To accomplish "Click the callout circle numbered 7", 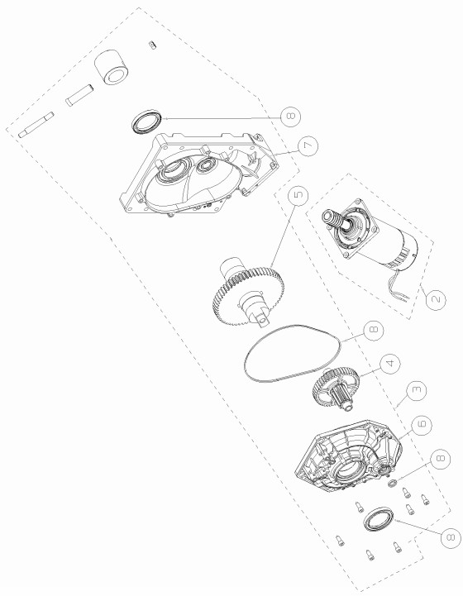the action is (x=308, y=146).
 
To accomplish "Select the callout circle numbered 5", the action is (x=298, y=195).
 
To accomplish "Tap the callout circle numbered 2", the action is (x=436, y=299).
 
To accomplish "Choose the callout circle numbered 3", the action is (x=417, y=391).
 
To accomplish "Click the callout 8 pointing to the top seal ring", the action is (x=291, y=117).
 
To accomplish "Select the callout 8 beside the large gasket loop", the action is (x=373, y=331).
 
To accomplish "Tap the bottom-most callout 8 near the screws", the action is (x=451, y=538).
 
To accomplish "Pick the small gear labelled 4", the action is (x=337, y=388).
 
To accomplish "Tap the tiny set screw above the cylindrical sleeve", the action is (x=152, y=45).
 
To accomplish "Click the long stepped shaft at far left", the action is (x=36, y=124).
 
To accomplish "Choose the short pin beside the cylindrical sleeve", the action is (x=79, y=95).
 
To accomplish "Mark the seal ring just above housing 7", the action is (x=146, y=122).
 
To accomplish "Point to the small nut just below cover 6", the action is (x=393, y=484).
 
